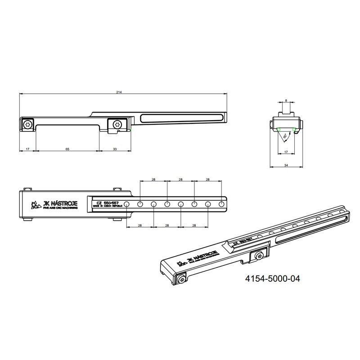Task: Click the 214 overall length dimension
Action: pyautogui.click(x=119, y=92)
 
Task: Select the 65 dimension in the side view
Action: pyautogui.click(x=67, y=148)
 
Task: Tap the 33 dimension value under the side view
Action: pyautogui.click(x=115, y=148)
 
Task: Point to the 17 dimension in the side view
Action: pyautogui.click(x=28, y=148)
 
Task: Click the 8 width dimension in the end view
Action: pyautogui.click(x=286, y=101)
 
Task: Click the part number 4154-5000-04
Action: pyautogui.click(x=272, y=279)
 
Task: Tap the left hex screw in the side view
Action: pyautogui.click(x=28, y=125)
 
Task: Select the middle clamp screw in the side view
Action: pyautogui.click(x=117, y=125)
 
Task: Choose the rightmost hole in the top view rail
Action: pyautogui.click(x=221, y=205)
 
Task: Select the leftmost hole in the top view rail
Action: pyautogui.click(x=127, y=205)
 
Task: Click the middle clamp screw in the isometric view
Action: pyautogui.click(x=260, y=256)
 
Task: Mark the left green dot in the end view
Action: pyautogui.click(x=279, y=130)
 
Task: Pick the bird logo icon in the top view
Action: pyautogui.click(x=33, y=206)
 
